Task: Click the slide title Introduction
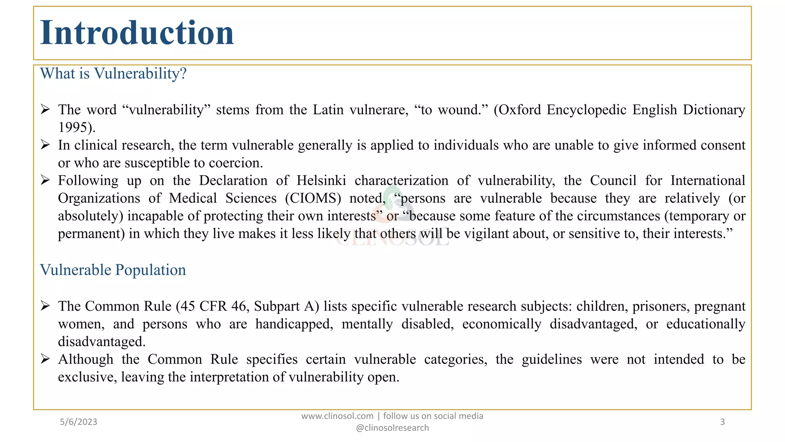[137, 33]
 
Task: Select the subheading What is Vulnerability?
[113, 73]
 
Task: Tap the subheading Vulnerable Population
[113, 270]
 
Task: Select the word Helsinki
[321, 180]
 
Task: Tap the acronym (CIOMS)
[313, 198]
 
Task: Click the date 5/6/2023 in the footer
[79, 422]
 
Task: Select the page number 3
[723, 422]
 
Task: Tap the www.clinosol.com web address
[337, 416]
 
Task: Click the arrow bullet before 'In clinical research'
[45, 145]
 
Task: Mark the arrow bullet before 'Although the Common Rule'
[45, 359]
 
